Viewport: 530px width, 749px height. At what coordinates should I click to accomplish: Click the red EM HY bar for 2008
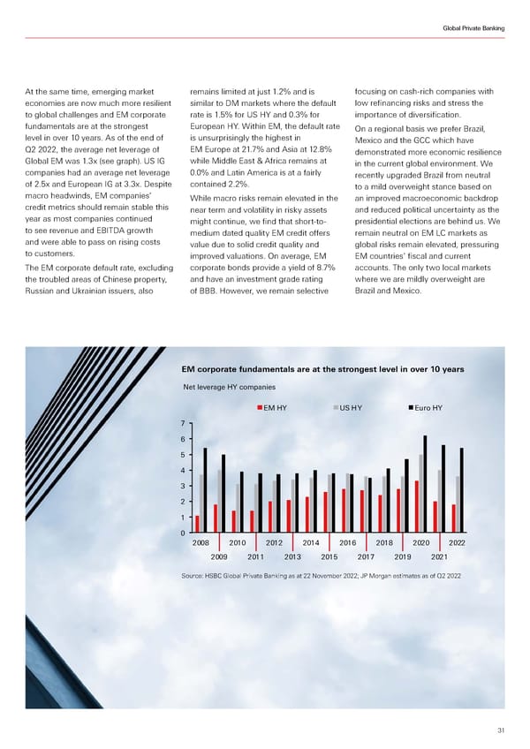coord(198,524)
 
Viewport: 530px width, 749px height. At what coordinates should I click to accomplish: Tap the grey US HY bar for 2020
coord(420,493)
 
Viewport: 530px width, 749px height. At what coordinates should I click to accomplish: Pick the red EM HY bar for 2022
coord(453,518)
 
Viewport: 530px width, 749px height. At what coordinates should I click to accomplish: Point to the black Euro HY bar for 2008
coord(205,490)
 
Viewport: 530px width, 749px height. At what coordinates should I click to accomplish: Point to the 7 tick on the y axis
coord(180,423)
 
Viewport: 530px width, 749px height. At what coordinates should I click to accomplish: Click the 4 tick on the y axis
coord(180,471)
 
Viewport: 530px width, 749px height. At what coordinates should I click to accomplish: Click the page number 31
coord(499,728)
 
